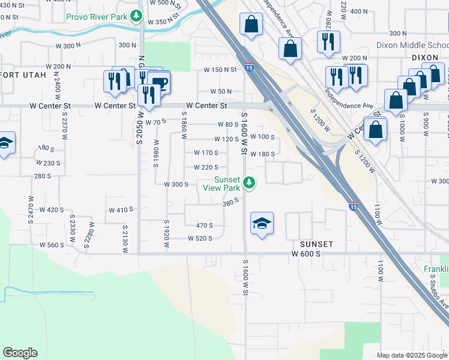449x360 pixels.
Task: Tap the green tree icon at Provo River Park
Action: tap(137, 16)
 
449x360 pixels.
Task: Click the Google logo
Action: tap(20, 353)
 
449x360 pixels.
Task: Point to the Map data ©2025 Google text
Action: tap(411, 355)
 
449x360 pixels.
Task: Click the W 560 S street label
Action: tap(52, 245)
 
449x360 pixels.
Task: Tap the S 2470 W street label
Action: tap(31, 209)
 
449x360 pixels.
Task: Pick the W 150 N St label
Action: tap(220, 70)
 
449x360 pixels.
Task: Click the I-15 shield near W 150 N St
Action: tap(249, 68)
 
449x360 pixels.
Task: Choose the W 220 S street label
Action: tap(206, 167)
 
